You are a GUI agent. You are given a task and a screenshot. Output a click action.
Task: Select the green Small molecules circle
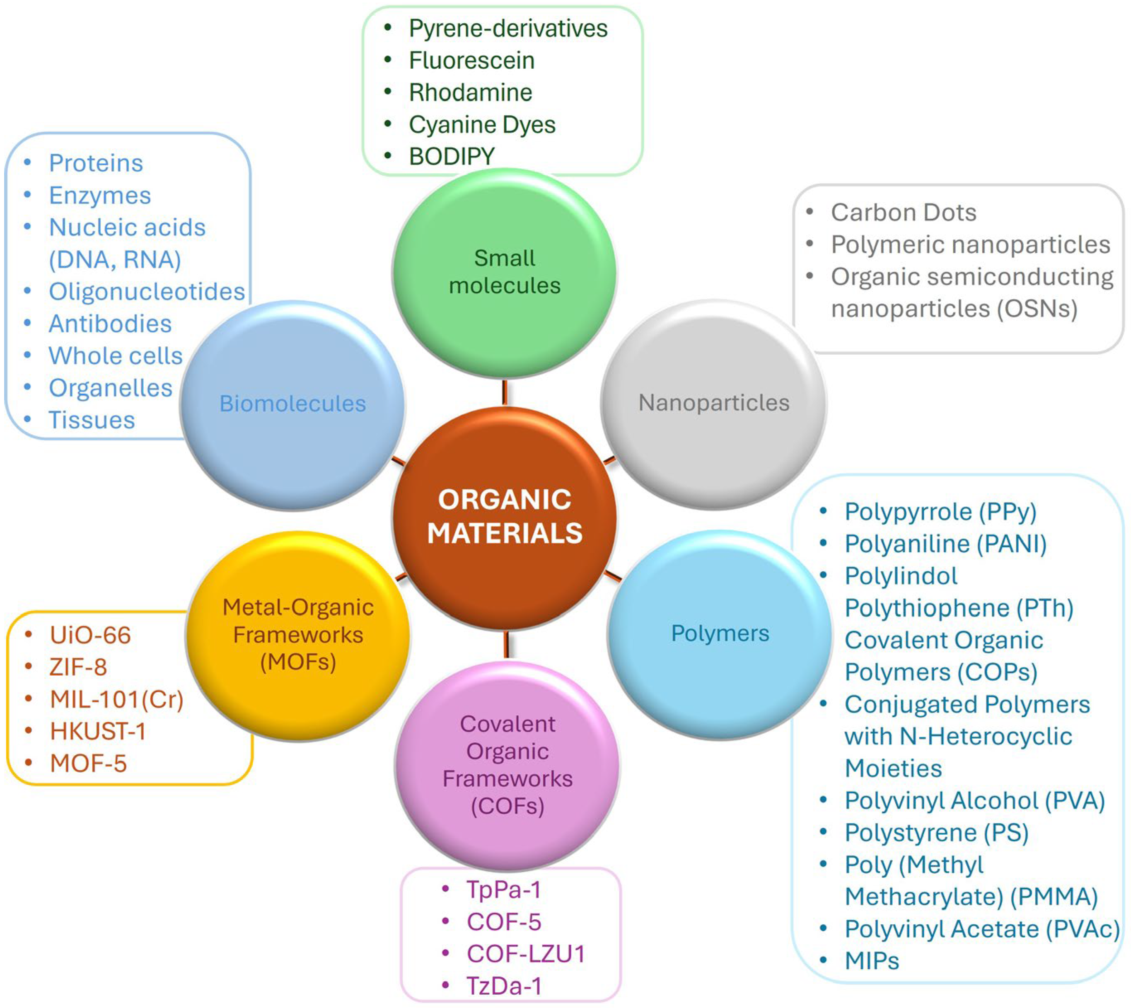click(505, 273)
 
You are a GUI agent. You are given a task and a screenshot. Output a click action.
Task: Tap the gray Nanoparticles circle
click(713, 403)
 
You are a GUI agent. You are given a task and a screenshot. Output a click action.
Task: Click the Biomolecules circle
click(292, 404)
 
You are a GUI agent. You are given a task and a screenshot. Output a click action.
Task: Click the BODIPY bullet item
click(452, 157)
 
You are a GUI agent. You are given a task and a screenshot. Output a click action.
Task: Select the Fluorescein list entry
click(471, 60)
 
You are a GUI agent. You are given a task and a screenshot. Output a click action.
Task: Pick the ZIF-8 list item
click(78, 667)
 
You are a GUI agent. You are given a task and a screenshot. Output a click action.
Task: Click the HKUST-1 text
click(97, 732)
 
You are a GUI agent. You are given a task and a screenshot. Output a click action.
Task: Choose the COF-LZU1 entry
click(525, 954)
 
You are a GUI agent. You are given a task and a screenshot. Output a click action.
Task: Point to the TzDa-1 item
click(503, 986)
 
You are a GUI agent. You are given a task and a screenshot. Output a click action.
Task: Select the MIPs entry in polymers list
click(871, 961)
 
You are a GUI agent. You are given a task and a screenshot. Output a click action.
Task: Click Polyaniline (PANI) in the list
click(945, 544)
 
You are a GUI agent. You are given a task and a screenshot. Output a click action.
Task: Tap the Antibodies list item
click(110, 324)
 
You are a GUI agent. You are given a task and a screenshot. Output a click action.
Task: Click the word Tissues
click(92, 421)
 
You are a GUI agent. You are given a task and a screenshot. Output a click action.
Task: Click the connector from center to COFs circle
click(506, 644)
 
